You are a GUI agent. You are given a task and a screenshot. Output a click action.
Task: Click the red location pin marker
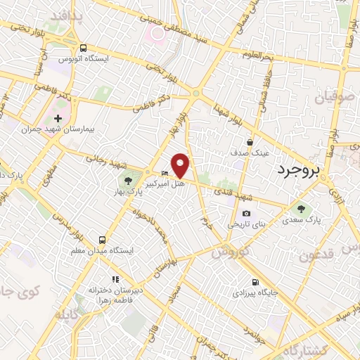[x=181, y=165]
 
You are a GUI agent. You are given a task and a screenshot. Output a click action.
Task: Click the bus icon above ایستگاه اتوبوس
[x=84, y=48]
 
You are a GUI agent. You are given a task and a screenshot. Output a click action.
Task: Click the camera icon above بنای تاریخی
[x=245, y=214]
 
